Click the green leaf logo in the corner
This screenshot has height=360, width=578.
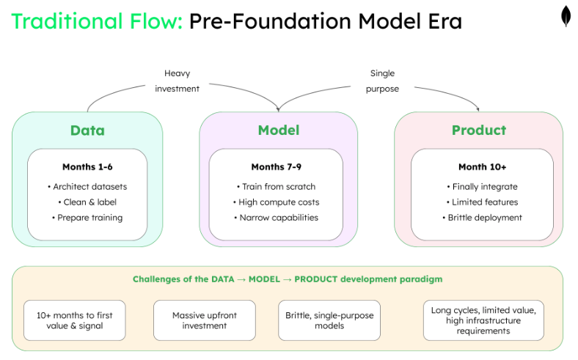coord(566,17)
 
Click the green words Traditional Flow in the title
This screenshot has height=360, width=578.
coord(97,21)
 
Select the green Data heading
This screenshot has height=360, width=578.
coord(87,131)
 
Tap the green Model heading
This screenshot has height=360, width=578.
coord(279,131)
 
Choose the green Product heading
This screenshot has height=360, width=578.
coord(479,131)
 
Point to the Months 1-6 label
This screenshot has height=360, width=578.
coord(87,167)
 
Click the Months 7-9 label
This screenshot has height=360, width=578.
coord(278,167)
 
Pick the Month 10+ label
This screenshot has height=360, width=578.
coord(482,167)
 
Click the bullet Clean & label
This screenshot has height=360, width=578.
coord(87,202)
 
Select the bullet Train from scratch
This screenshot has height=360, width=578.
coord(278,186)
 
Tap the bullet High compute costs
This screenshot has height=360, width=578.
coord(278,202)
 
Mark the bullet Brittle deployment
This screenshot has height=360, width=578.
coord(482,217)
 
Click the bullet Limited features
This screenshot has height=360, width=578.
coord(482,202)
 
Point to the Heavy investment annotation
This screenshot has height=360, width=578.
coord(177,81)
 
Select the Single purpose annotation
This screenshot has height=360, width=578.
coord(382,81)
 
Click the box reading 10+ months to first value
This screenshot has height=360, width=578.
coord(74,320)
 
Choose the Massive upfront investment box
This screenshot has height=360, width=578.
coord(205,320)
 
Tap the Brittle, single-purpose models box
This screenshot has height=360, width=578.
coord(329,320)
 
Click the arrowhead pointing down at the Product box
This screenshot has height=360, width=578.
coord(478,109)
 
